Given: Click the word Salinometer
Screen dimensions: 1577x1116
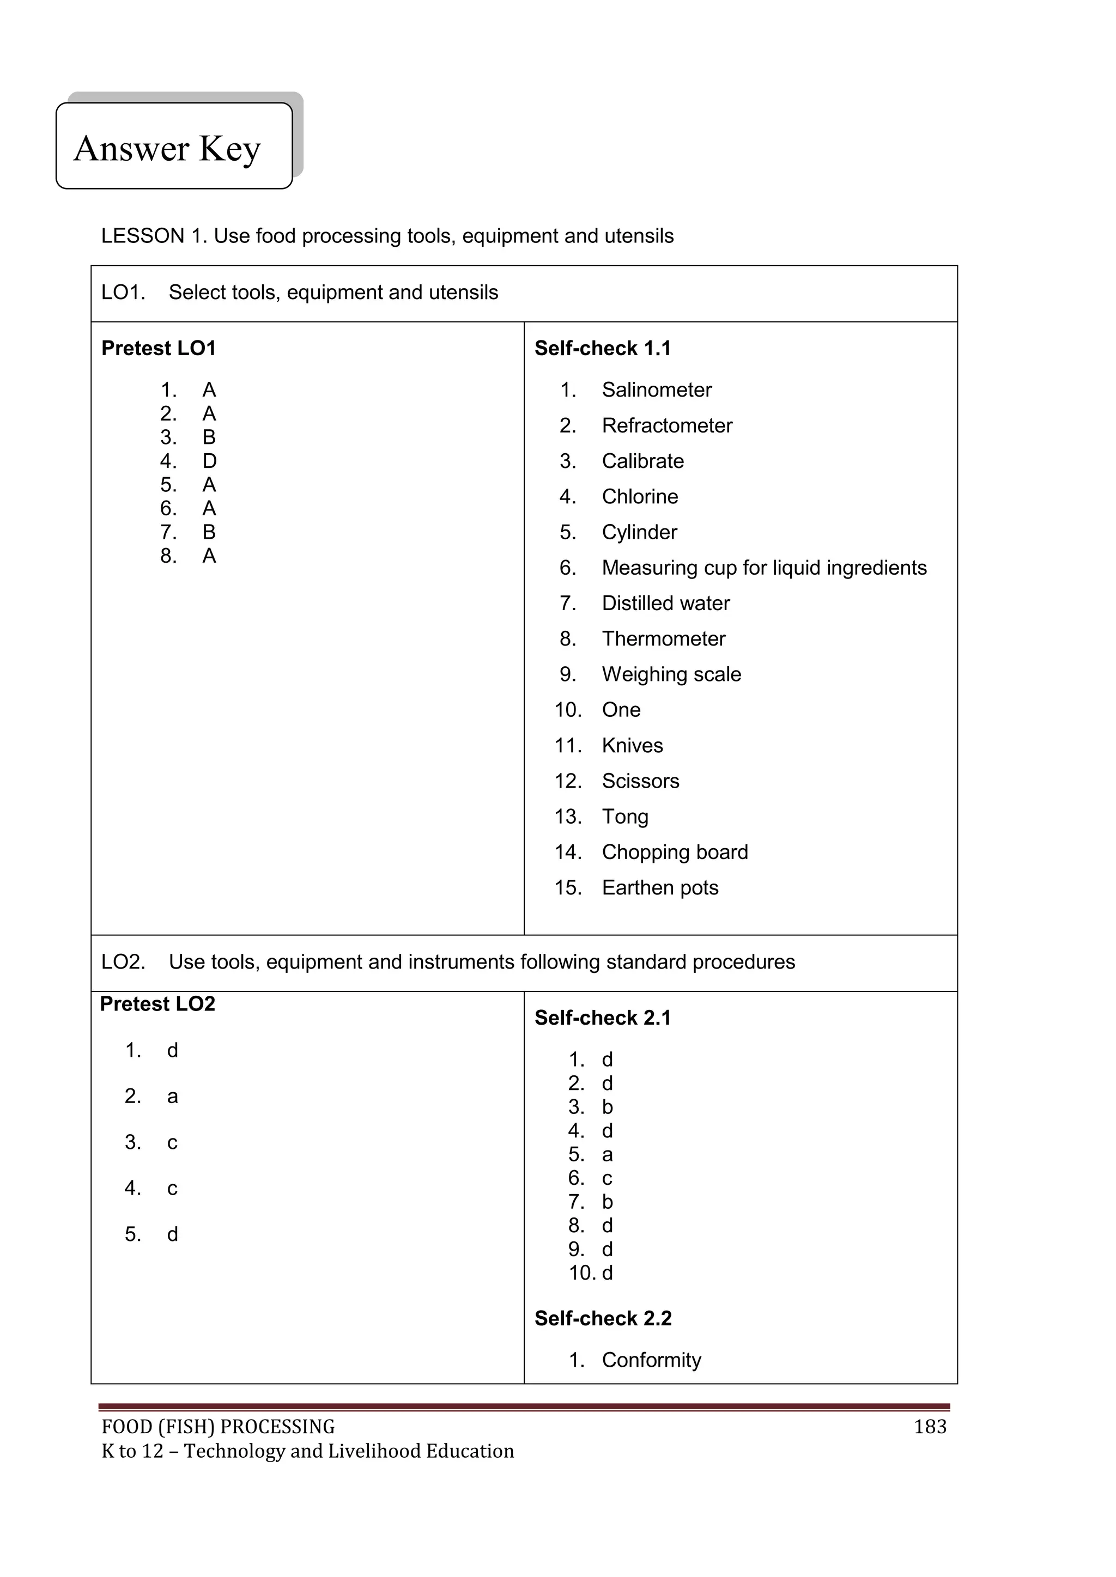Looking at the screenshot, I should [x=656, y=390].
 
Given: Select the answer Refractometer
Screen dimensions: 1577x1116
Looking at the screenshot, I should [x=666, y=426].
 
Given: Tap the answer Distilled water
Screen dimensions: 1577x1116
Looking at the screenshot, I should [x=665, y=603].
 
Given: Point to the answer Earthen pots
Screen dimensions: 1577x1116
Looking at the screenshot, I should [x=660, y=887].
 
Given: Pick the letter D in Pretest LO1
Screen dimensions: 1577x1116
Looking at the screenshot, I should [x=210, y=461].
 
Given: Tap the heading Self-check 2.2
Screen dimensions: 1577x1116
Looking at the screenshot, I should [x=603, y=1318].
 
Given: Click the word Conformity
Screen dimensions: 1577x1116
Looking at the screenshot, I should [x=651, y=1360].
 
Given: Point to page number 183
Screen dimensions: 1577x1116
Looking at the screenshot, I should [x=930, y=1427].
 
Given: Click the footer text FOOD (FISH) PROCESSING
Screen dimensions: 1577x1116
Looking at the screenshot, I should [x=218, y=1427].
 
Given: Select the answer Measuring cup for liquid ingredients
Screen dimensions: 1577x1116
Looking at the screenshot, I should [x=763, y=568].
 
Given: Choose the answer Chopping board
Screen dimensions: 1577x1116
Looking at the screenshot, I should [x=674, y=852].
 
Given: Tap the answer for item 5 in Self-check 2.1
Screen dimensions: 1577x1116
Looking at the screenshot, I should [x=607, y=1155].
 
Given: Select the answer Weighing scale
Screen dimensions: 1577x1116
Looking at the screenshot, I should [x=671, y=674].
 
